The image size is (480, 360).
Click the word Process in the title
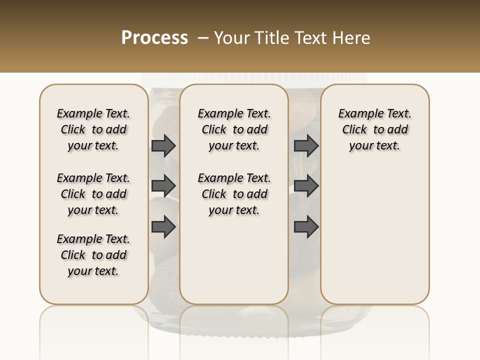(x=154, y=38)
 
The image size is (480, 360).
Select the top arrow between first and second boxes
(x=163, y=145)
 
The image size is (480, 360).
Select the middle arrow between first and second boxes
(x=163, y=186)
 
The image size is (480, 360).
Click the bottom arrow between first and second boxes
(x=163, y=227)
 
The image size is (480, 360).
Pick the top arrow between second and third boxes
(x=306, y=145)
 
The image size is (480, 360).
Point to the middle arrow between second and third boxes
(x=306, y=186)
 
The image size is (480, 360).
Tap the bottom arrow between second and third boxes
(x=306, y=227)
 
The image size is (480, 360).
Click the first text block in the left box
(x=93, y=129)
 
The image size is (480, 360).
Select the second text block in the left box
(x=93, y=194)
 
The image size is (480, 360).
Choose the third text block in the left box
(x=93, y=255)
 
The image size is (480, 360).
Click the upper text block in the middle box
(x=234, y=129)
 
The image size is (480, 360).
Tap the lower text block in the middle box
(x=234, y=194)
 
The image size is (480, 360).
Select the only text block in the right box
(x=374, y=129)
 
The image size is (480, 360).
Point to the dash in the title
(x=203, y=38)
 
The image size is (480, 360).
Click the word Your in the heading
(x=232, y=38)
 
